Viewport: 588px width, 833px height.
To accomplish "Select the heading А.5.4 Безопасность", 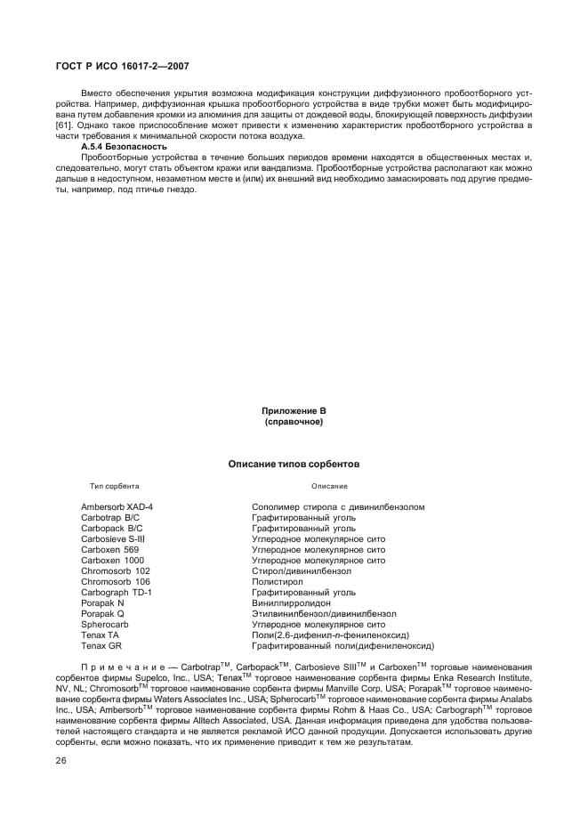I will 124,146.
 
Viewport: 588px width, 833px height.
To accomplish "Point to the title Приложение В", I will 294,411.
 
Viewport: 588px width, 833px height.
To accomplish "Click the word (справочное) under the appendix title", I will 294,422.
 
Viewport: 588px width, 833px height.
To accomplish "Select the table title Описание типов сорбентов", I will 294,464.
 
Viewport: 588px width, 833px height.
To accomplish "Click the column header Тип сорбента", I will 114,487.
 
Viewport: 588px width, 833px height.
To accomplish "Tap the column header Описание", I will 328,487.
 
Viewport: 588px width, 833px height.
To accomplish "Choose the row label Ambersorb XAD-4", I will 117,507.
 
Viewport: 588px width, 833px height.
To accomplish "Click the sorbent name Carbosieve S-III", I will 113,539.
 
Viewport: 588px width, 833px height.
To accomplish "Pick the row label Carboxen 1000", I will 111,561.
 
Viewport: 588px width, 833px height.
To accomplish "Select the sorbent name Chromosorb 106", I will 116,582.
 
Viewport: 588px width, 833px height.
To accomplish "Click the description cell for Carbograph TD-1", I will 303,593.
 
